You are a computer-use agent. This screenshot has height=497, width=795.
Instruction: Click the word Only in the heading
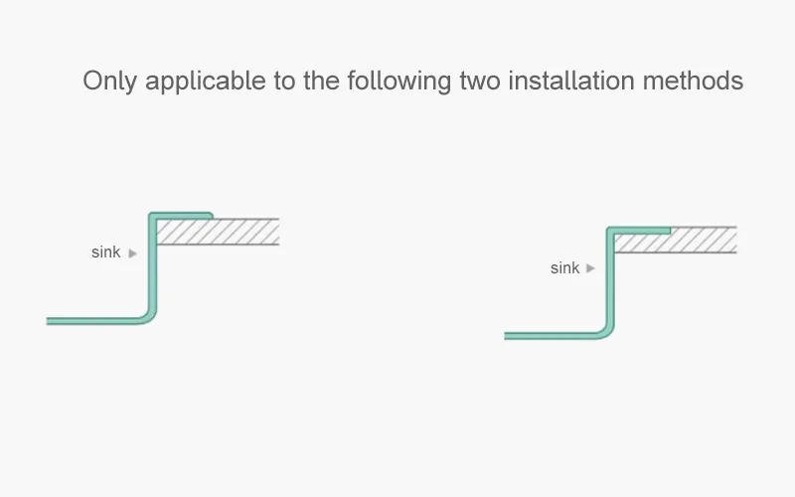110,82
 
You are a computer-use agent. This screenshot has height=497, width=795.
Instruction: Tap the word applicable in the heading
205,82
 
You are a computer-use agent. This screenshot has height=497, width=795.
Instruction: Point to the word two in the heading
480,82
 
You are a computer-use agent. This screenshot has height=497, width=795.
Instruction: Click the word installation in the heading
571,81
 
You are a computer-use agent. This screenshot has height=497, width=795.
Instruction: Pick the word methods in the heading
693,81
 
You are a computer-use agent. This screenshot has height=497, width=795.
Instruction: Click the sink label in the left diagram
106,252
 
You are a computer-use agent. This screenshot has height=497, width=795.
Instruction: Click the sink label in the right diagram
564,267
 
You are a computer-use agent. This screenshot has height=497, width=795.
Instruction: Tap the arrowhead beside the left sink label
133,253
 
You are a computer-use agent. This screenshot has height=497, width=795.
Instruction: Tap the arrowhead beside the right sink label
590,268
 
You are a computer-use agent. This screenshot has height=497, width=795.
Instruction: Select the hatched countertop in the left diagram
218,232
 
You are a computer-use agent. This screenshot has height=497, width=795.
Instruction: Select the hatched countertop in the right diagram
676,240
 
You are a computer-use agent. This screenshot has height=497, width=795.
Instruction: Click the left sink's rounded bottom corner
148,316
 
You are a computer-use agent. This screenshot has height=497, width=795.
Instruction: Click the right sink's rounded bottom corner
606,331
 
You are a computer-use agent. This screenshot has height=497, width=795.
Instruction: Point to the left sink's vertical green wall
153,263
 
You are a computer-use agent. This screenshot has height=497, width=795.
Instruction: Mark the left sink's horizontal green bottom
92,321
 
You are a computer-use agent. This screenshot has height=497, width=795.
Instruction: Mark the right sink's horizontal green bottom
551,336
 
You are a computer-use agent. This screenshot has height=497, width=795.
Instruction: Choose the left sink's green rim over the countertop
182,216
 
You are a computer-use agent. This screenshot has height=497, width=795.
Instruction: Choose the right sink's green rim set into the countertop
639,231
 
